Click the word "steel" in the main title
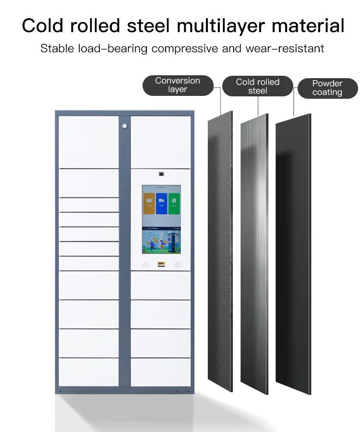(149, 26)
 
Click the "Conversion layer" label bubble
(178, 85)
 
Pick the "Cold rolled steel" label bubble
(258, 86)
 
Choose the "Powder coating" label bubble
(327, 88)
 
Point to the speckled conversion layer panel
(220, 249)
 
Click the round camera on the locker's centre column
(125, 126)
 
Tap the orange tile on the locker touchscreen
(149, 203)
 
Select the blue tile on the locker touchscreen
(161, 203)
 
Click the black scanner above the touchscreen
(161, 174)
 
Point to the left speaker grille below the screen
(145, 264)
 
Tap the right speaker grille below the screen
(177, 264)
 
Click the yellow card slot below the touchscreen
(161, 263)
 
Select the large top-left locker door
(88, 142)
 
